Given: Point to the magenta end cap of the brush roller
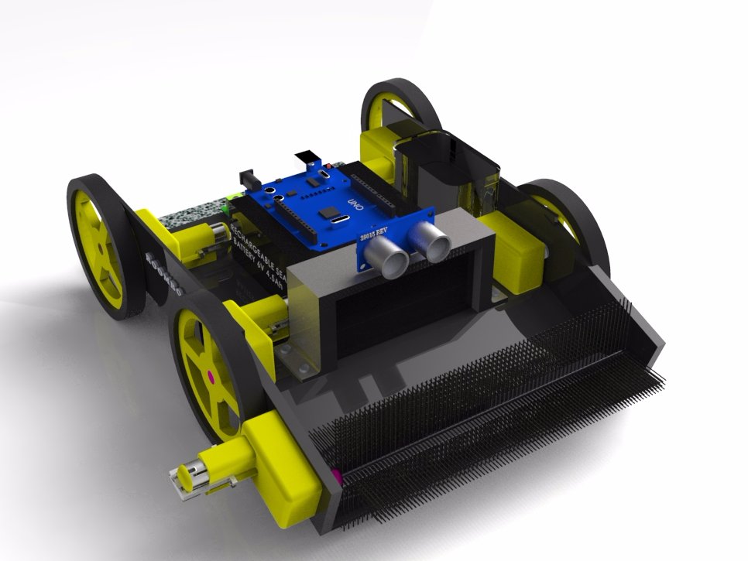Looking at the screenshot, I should coord(336,473).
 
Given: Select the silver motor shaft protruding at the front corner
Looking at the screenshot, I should coord(190,474).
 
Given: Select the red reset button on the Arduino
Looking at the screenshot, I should coord(329,166).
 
